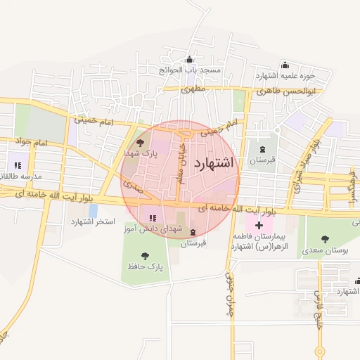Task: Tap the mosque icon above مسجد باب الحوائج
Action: coord(189,60)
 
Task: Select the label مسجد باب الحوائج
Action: coord(189,71)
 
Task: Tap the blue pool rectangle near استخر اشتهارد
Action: coord(93,210)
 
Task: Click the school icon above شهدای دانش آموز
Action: coord(153,217)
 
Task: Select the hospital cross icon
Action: coord(259,226)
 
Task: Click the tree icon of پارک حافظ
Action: coord(146,256)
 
